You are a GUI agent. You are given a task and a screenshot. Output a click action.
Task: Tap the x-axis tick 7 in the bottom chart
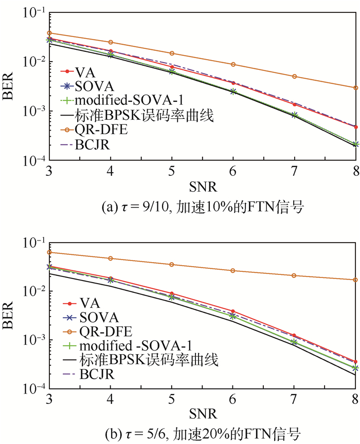tap(294, 399)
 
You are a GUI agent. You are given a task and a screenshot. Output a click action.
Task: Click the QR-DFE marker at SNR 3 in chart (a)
tap(49, 33)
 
